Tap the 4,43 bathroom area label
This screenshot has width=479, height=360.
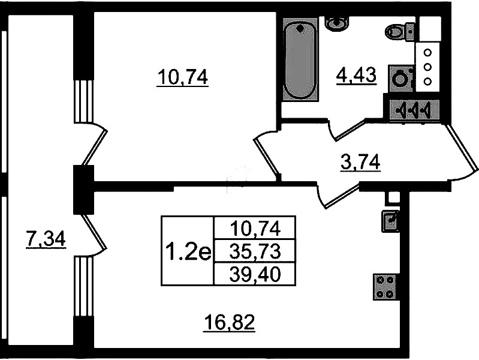356,75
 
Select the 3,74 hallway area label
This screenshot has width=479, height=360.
360,162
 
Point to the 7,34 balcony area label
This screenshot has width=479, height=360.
46,239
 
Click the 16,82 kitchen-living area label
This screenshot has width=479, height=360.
230,322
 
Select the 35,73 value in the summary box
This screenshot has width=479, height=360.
255,252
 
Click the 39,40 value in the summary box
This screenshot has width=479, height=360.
255,274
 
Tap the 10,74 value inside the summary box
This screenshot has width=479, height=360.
255,229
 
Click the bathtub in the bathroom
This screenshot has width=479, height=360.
300,59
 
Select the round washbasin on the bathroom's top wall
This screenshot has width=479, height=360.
337,23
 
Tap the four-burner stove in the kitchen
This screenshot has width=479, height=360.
385,287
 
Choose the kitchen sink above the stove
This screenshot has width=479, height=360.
390,221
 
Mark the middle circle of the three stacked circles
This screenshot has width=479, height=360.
427,67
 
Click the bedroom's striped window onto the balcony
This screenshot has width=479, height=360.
83,101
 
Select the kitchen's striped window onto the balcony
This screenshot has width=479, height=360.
83,286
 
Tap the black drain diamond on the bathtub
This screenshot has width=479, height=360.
300,29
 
